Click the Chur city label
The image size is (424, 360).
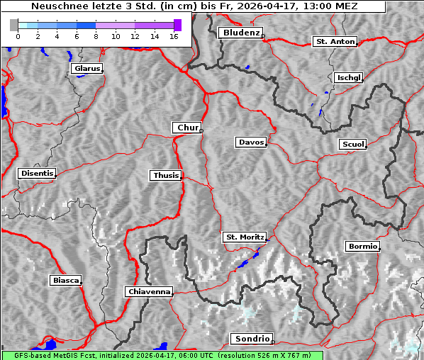(x=187, y=128)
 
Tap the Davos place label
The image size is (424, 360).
(x=251, y=142)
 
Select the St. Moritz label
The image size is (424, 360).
(x=244, y=237)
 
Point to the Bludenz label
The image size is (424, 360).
(x=240, y=33)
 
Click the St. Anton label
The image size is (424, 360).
(x=335, y=42)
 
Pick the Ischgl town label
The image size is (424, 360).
(x=348, y=77)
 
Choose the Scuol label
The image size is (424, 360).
(x=352, y=145)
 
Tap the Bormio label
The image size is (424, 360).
(x=362, y=247)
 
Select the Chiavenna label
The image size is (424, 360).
(x=149, y=291)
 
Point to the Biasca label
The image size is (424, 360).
(x=66, y=281)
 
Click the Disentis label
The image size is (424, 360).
(x=37, y=173)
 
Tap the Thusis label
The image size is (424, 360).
(x=166, y=175)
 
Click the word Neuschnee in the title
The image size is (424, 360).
(x=55, y=6)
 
